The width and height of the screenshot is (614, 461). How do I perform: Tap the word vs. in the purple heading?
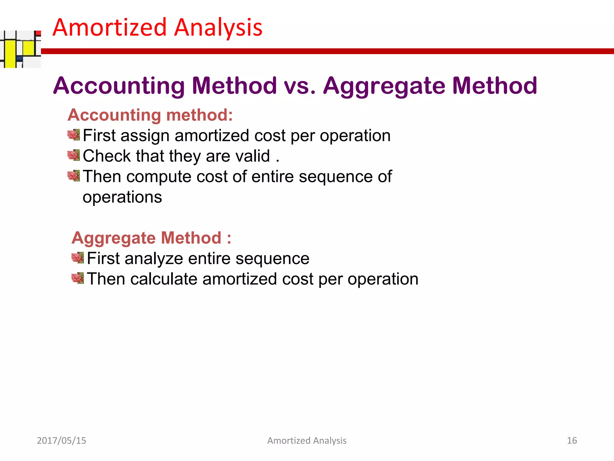(300, 86)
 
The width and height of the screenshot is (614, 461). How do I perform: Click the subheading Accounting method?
(150, 115)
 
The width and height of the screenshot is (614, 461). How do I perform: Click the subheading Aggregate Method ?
(151, 238)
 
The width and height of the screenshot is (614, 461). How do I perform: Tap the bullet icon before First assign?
(74, 135)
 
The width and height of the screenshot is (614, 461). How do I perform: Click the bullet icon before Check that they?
(74, 155)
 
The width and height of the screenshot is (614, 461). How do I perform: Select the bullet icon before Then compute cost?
(74, 176)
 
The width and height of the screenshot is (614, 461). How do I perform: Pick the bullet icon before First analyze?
(78, 258)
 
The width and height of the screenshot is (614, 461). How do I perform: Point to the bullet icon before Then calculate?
(78, 278)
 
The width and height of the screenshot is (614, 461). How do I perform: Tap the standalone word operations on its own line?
(122, 197)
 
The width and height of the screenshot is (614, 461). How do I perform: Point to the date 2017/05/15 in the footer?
(61, 440)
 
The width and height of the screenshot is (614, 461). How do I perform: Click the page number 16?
(572, 440)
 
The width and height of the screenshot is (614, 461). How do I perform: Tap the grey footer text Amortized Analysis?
(307, 440)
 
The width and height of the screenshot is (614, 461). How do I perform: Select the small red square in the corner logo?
(38, 33)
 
